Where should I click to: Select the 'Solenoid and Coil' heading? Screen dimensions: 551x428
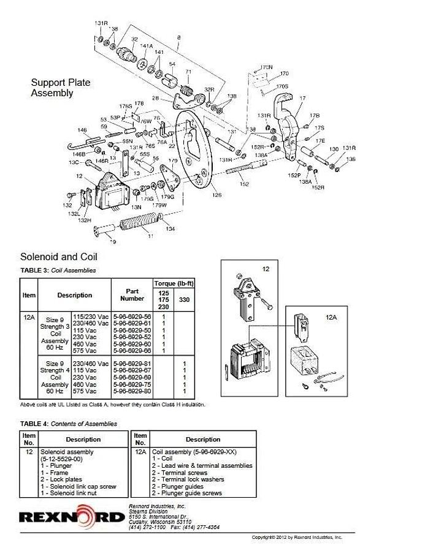click(x=59, y=257)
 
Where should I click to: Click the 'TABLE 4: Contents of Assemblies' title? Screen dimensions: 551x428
click(x=68, y=423)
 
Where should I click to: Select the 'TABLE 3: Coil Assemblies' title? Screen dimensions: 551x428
click(x=58, y=270)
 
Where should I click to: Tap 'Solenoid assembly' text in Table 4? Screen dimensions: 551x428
click(x=67, y=451)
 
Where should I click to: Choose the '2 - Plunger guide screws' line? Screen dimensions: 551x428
click(x=187, y=493)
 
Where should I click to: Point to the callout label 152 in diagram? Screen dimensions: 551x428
click(x=244, y=184)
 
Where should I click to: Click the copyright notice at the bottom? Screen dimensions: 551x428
click(x=297, y=537)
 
